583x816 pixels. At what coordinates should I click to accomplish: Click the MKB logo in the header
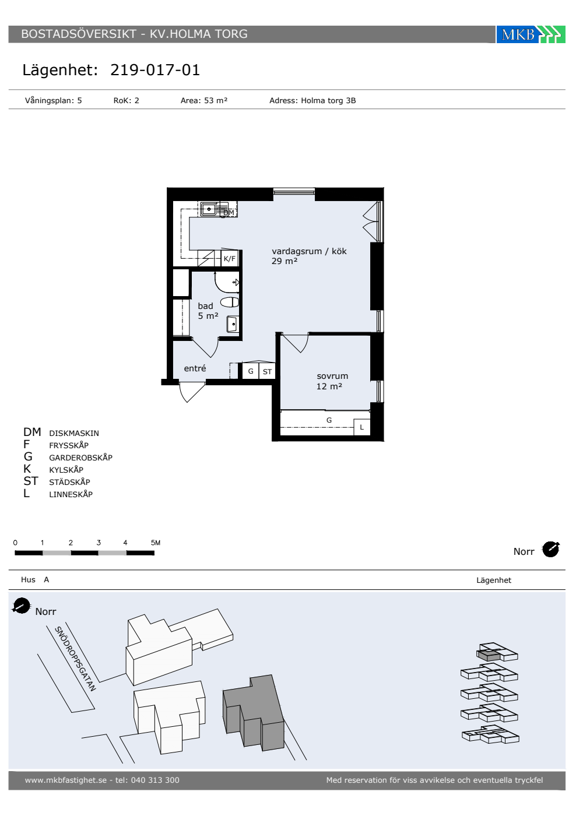tap(531, 34)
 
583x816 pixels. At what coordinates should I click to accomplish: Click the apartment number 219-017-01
tap(155, 70)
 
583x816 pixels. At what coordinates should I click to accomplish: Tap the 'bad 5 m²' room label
tap(208, 311)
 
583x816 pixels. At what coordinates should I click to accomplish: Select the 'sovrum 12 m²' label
tap(332, 381)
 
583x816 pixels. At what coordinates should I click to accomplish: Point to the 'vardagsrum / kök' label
tap(309, 251)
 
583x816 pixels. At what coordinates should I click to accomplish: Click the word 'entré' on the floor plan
tap(195, 368)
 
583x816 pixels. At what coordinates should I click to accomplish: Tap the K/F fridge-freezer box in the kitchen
tap(230, 259)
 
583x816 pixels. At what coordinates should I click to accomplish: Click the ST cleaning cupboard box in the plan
tap(267, 371)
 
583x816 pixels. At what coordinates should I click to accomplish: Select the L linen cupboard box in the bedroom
tap(362, 427)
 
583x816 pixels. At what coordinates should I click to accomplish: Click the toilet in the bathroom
tap(230, 302)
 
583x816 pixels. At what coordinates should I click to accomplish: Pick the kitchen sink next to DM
tap(209, 209)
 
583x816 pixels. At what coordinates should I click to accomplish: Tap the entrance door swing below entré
tap(192, 392)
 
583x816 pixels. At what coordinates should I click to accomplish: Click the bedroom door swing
tap(296, 343)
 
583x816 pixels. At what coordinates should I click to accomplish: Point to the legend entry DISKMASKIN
tap(74, 433)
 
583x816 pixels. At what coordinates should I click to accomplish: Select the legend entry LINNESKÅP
tap(71, 494)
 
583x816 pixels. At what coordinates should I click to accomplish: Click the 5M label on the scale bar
tap(156, 543)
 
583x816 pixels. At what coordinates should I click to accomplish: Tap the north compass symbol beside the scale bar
tap(550, 549)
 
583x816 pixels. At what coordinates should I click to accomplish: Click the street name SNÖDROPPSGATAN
tap(75, 659)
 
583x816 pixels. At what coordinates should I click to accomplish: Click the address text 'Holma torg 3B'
tap(328, 100)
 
